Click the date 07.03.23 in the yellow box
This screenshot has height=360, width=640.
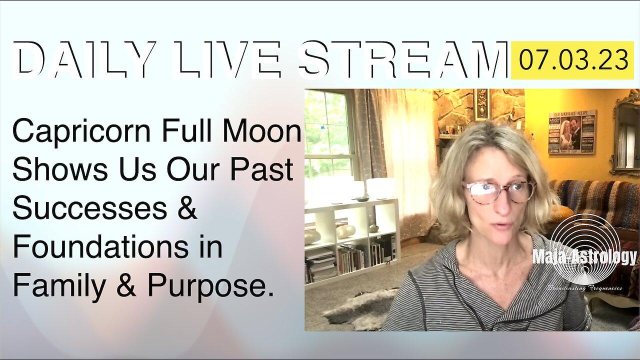[x=573, y=61]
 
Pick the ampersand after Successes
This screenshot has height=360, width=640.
[x=187, y=209]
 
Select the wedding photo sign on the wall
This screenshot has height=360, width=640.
[x=572, y=131]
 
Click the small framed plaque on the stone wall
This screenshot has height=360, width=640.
[x=482, y=104]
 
